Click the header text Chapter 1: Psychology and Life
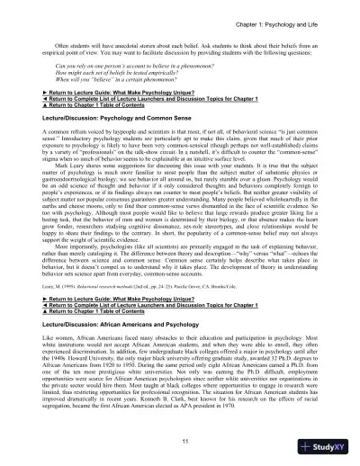[289, 21]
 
